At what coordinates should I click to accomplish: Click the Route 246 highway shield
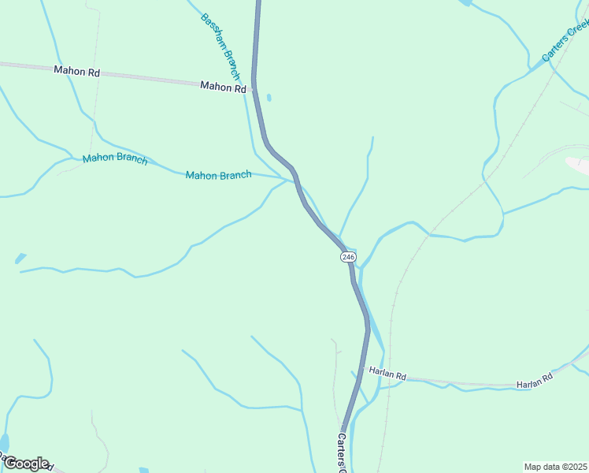pyautogui.click(x=349, y=257)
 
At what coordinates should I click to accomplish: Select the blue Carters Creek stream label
pyautogui.click(x=565, y=41)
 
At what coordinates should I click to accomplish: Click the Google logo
pyautogui.click(x=25, y=464)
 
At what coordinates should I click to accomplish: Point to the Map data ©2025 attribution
pyautogui.click(x=556, y=467)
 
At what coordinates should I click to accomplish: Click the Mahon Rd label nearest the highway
pyautogui.click(x=223, y=87)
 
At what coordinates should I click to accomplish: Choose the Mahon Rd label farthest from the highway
pyautogui.click(x=77, y=70)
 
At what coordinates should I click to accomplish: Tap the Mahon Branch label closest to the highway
pyautogui.click(x=218, y=175)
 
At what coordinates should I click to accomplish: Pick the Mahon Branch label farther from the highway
pyautogui.click(x=115, y=158)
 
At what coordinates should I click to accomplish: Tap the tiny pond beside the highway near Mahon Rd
pyautogui.click(x=269, y=98)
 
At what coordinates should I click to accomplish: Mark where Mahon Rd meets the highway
pyautogui.click(x=254, y=89)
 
